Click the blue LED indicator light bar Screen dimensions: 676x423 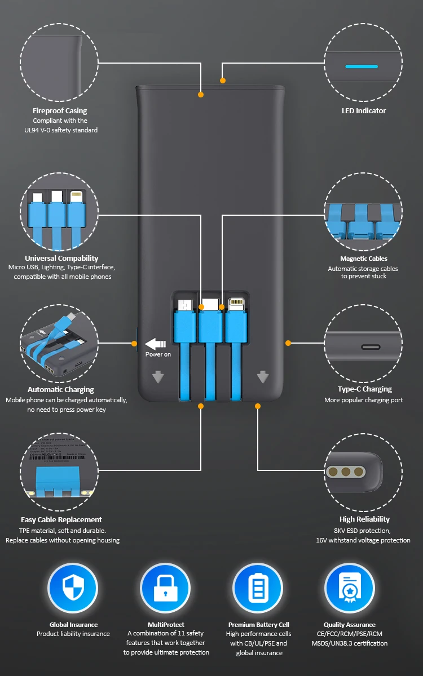point(362,66)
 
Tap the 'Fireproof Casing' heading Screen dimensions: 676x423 point(60,110)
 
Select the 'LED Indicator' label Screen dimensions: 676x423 point(364,110)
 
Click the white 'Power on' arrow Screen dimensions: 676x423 point(156,343)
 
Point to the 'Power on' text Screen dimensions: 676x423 point(158,354)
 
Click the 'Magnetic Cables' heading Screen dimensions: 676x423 point(364,259)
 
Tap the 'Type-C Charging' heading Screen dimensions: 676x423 point(365,389)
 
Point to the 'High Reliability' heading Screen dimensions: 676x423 point(364,519)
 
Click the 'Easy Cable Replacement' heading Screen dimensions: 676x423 point(61,519)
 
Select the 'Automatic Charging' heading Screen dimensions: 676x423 point(61,389)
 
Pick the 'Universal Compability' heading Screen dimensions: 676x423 point(61,259)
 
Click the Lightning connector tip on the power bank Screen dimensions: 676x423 point(236,305)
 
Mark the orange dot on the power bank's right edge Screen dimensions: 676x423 point(288,343)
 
